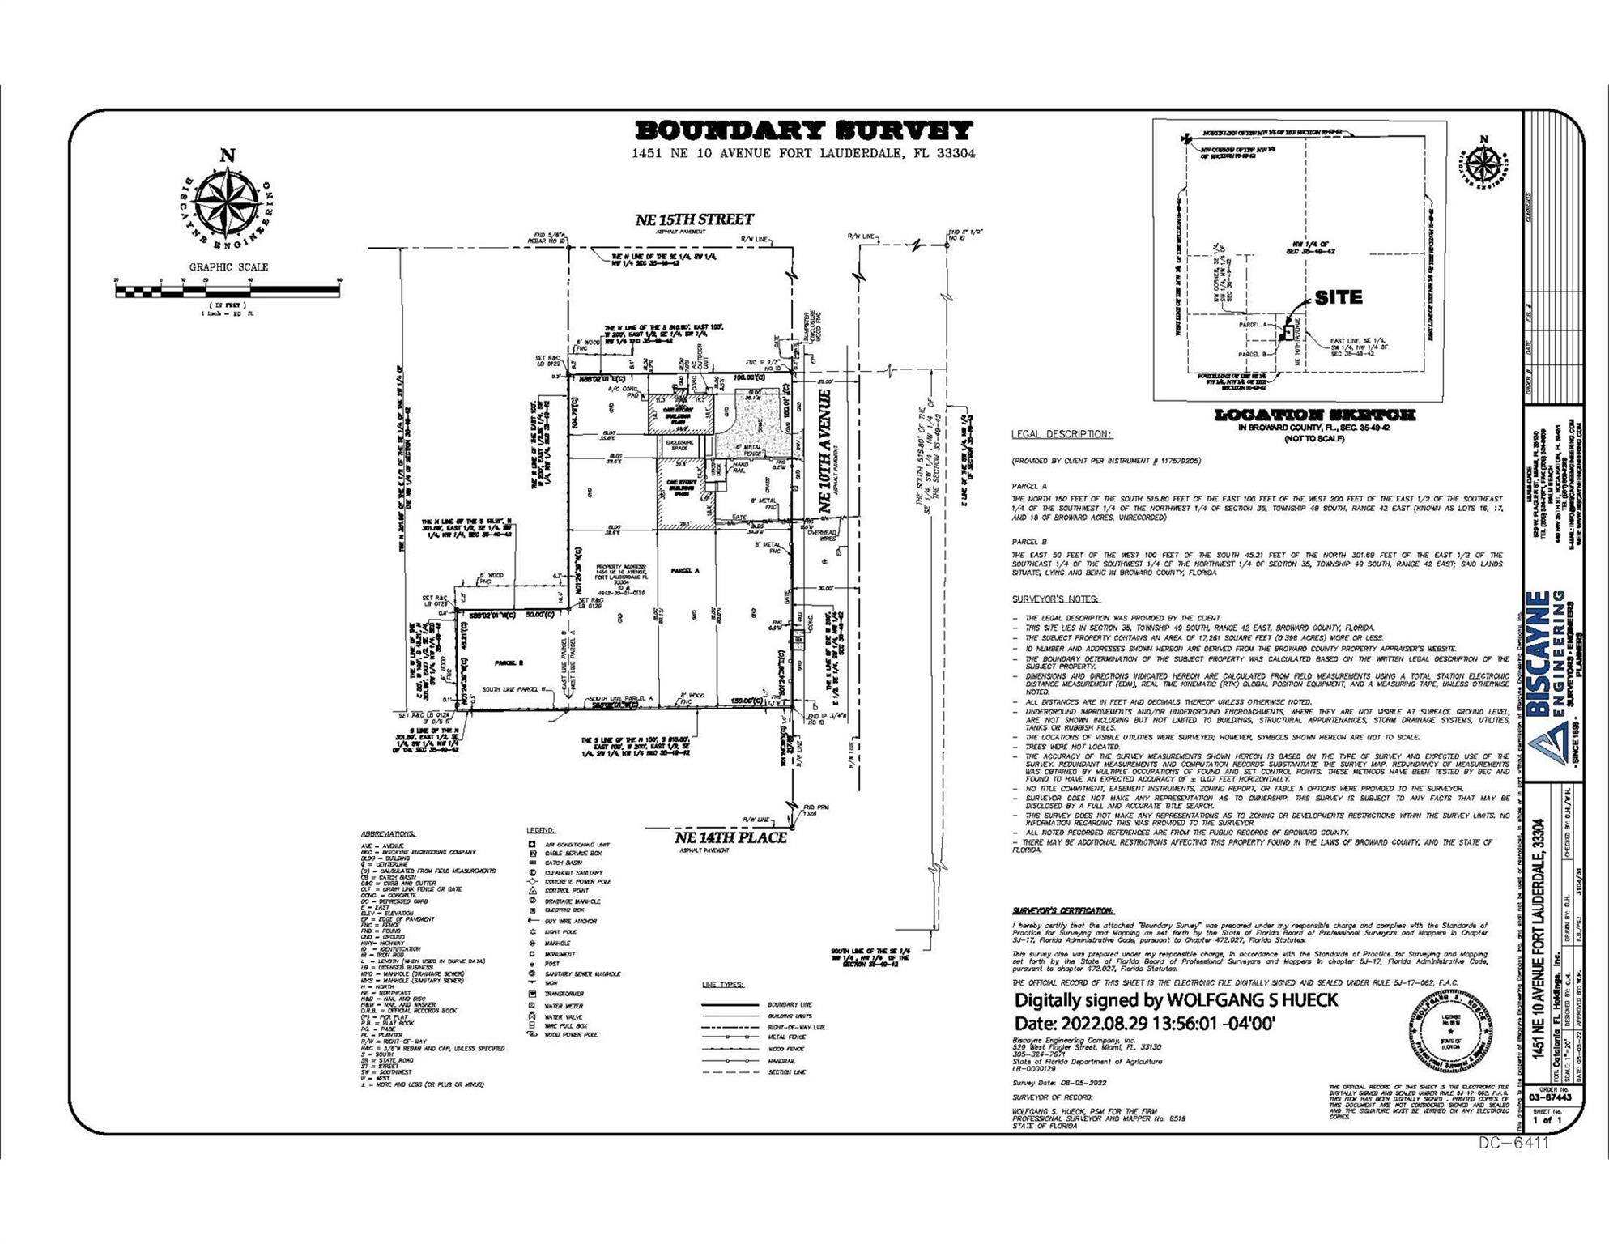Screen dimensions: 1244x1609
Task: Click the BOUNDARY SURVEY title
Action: tap(803, 130)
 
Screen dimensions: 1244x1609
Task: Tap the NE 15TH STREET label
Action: tap(694, 219)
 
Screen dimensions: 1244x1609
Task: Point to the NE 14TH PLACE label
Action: tap(730, 837)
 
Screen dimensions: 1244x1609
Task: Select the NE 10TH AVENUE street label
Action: tap(825, 450)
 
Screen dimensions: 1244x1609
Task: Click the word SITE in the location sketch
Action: tap(1338, 297)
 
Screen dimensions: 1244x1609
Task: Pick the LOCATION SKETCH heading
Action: tap(1314, 415)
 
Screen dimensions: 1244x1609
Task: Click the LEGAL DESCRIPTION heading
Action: tap(1061, 435)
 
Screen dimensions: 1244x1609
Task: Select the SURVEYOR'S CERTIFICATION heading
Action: tap(1062, 911)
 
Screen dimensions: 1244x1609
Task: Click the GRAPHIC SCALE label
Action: tap(228, 267)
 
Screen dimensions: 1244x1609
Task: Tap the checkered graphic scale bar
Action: tap(228, 289)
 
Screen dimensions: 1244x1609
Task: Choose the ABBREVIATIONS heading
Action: tap(388, 833)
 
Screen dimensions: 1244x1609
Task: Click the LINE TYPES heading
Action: tap(722, 985)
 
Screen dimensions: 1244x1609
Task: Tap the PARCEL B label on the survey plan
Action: tap(509, 663)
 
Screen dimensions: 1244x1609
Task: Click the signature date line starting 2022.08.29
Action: tap(1145, 1023)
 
